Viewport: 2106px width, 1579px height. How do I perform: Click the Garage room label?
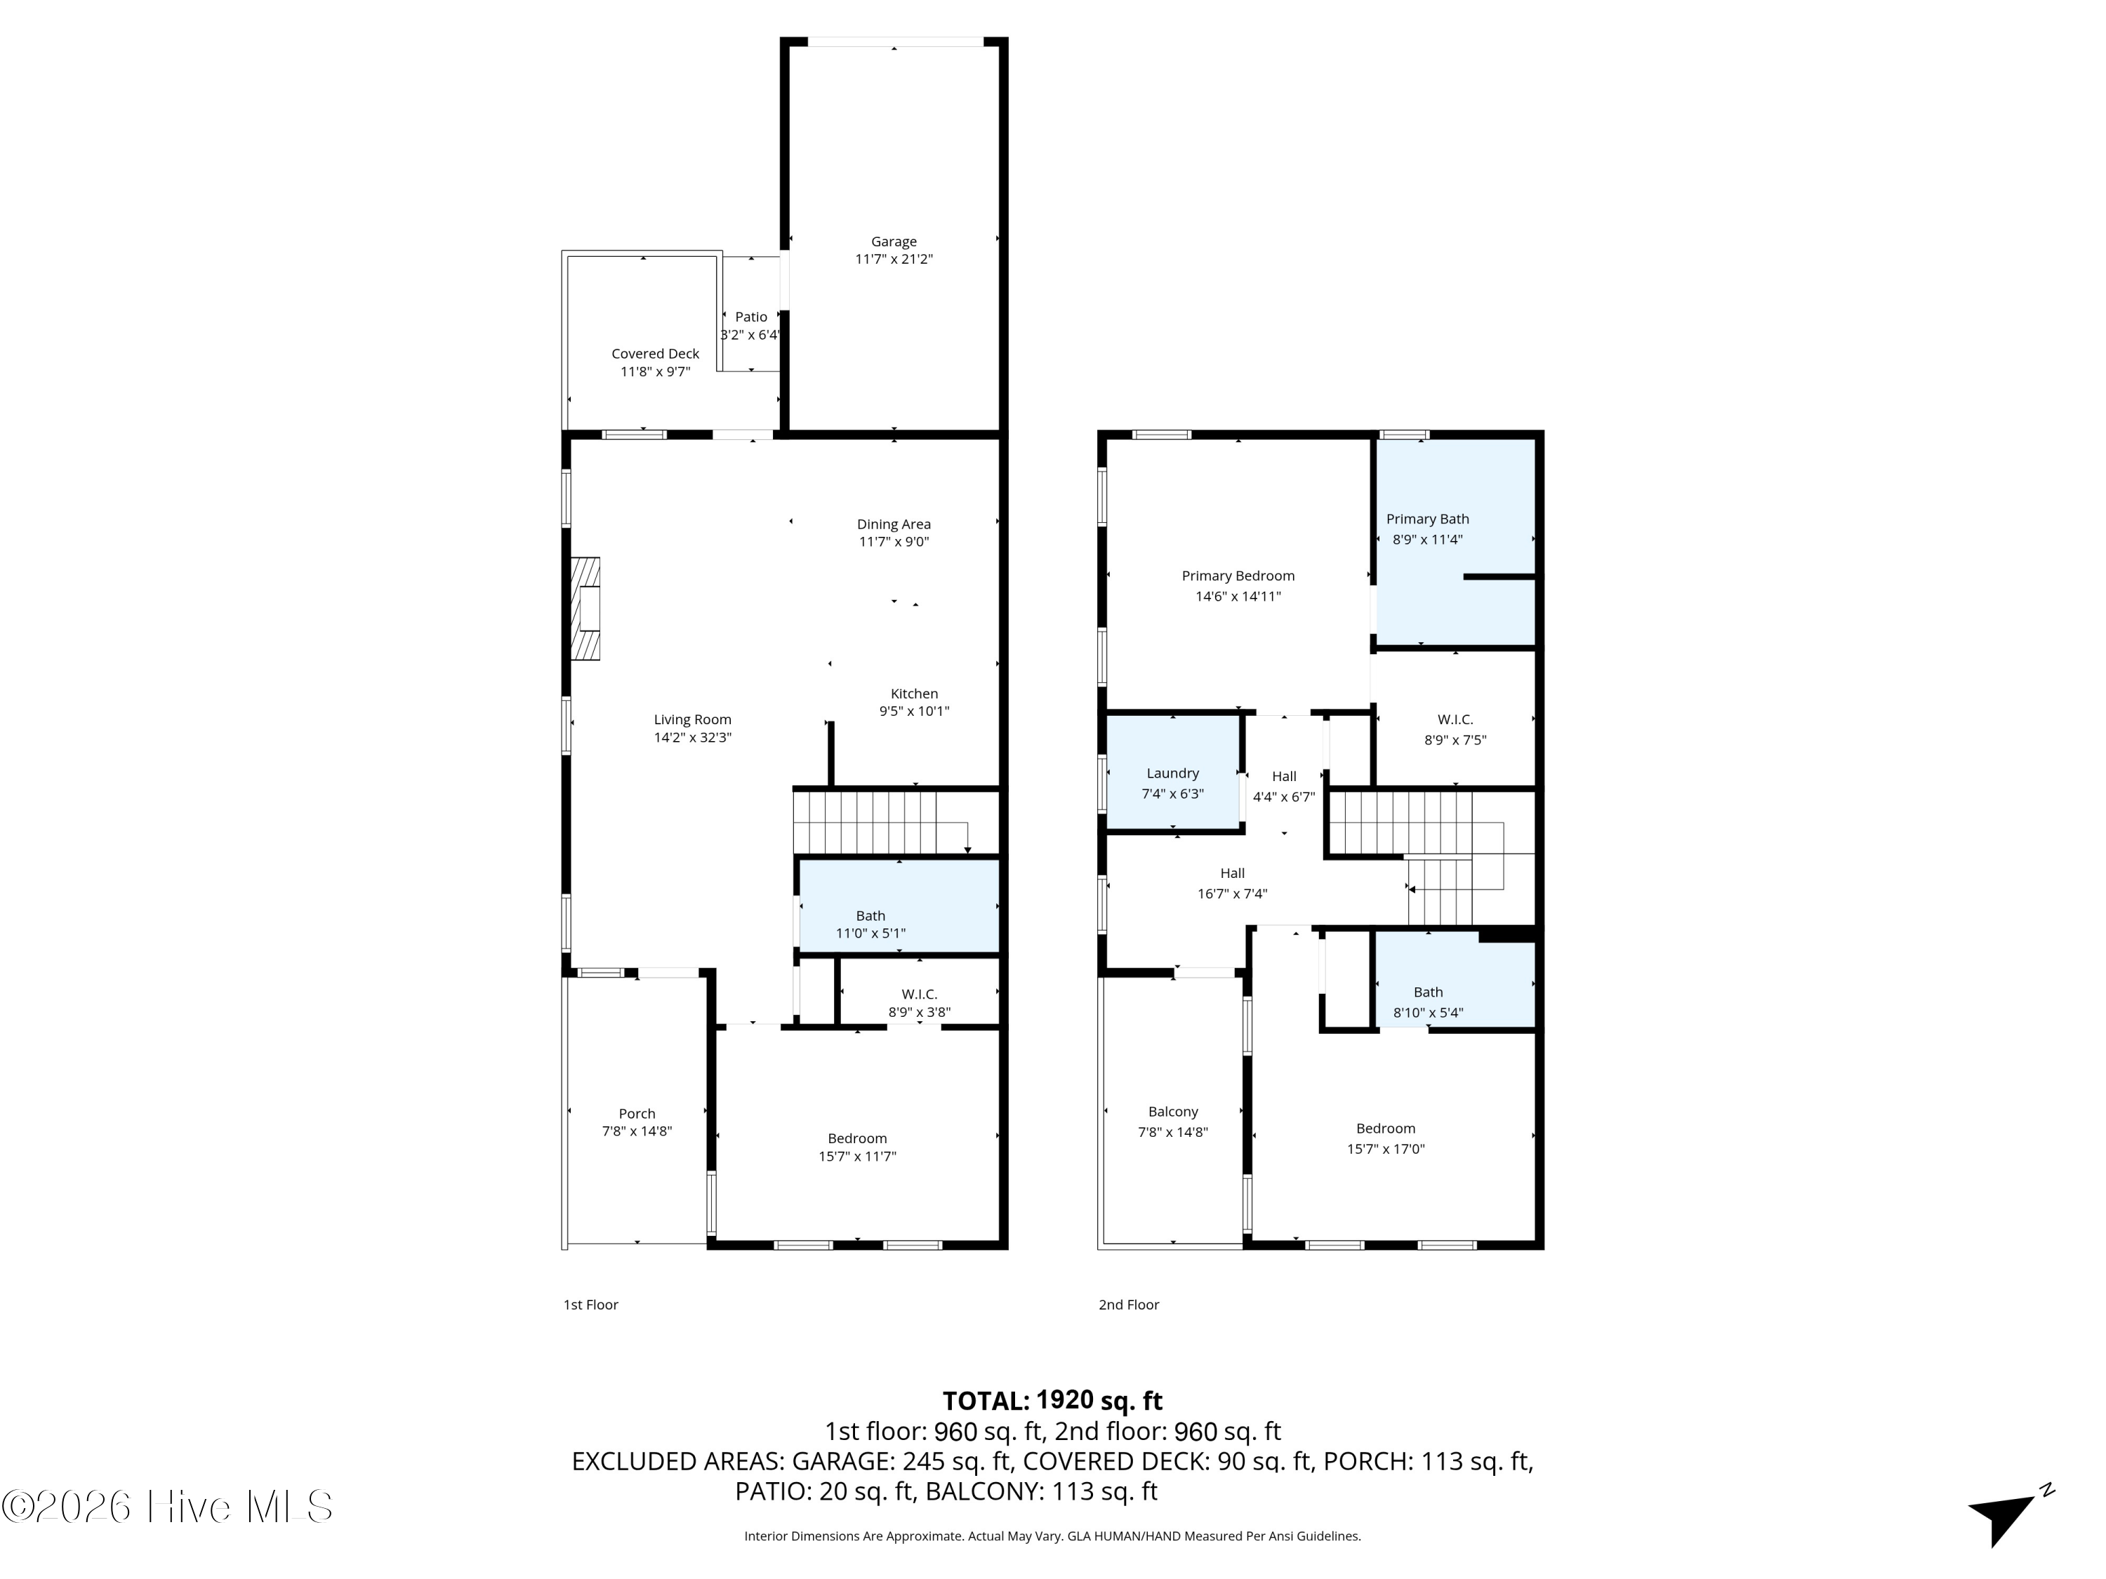[893, 241]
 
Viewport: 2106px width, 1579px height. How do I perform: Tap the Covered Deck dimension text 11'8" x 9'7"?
[655, 371]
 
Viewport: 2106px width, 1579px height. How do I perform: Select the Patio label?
[751, 317]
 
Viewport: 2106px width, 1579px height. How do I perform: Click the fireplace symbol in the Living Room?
[585, 609]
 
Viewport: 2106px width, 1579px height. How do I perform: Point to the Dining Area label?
[893, 524]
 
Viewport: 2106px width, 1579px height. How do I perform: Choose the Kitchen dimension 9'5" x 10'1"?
[914, 711]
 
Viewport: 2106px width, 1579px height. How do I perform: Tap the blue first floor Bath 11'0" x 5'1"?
[899, 906]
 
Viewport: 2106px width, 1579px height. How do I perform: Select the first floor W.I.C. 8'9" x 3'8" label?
[919, 1003]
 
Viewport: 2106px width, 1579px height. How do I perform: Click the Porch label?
[637, 1114]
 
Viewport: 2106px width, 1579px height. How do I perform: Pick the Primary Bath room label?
[1427, 519]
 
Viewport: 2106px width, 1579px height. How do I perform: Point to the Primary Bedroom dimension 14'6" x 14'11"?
[1238, 597]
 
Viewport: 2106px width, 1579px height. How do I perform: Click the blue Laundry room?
[1173, 774]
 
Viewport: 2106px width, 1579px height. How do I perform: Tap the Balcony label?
[1173, 1112]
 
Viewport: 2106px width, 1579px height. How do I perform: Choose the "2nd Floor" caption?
[1128, 1305]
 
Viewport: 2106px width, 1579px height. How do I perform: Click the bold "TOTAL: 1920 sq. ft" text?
[1052, 1401]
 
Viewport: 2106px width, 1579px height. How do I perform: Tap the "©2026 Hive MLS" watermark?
[168, 1507]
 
